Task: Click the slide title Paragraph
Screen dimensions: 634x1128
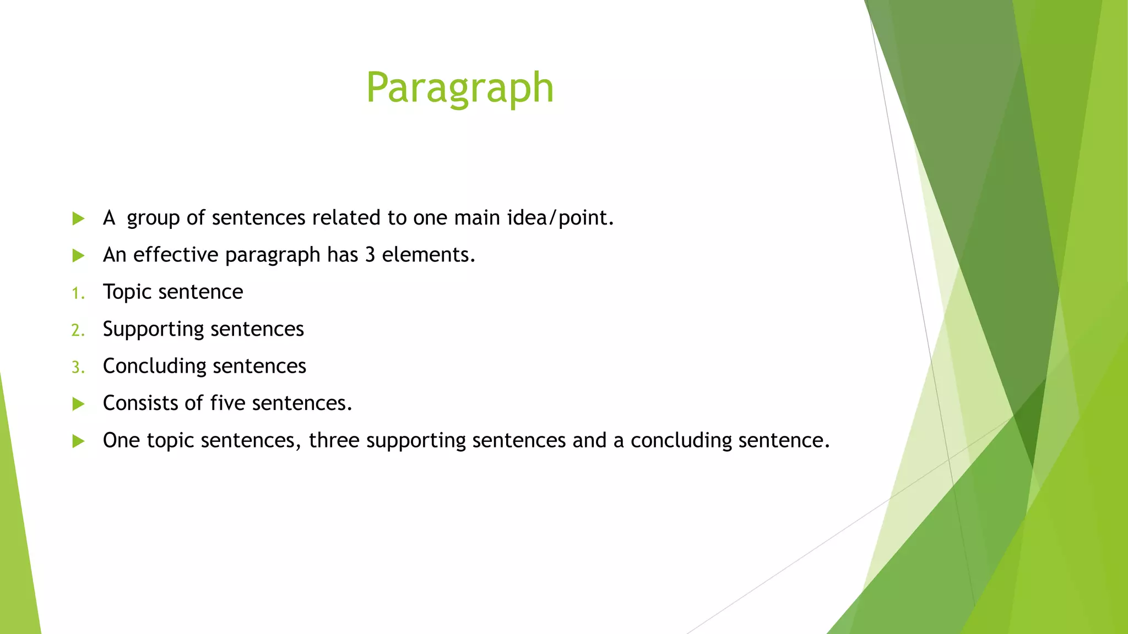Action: coord(459,88)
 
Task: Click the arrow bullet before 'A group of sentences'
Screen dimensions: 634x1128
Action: coord(78,219)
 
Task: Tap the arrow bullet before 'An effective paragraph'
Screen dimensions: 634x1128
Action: coord(78,256)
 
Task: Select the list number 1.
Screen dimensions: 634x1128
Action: coord(78,293)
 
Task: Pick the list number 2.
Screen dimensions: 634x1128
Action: coord(78,330)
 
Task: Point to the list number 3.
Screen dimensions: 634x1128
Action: coord(78,367)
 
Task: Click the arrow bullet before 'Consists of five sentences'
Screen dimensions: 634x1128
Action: coord(78,405)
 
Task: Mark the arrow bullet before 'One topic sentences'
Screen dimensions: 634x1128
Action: coord(78,441)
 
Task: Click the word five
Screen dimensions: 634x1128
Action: coord(227,403)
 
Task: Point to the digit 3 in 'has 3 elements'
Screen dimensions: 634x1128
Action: coord(370,255)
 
